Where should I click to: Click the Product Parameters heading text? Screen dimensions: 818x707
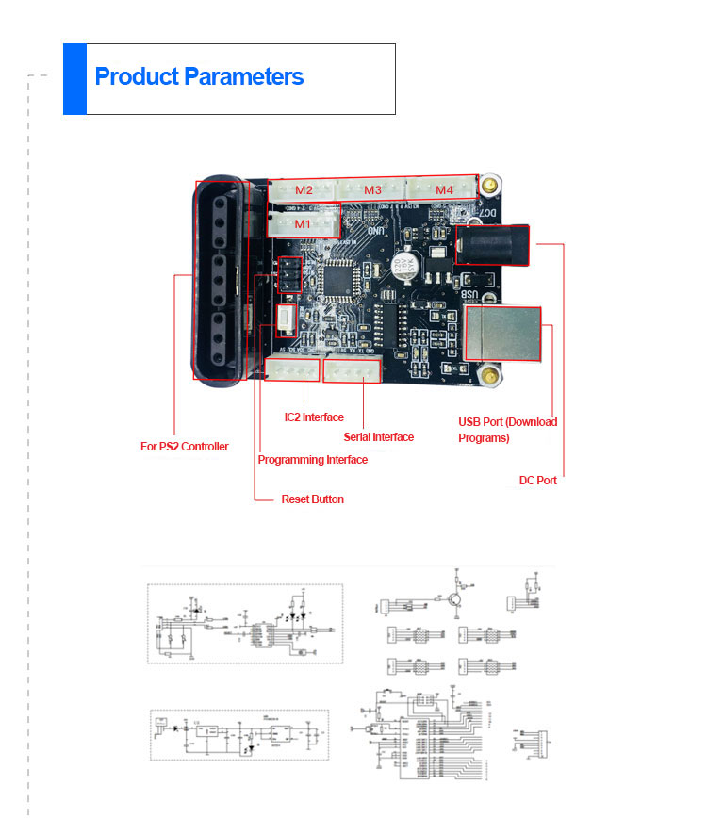click(199, 77)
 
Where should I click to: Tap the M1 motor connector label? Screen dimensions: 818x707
click(302, 224)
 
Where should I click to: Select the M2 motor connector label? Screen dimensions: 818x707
click(304, 190)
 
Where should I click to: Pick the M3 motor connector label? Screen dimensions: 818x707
click(372, 190)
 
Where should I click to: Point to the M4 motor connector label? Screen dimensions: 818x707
click(444, 190)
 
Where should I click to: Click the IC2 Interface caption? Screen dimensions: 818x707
click(314, 417)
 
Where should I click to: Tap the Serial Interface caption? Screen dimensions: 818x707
click(379, 437)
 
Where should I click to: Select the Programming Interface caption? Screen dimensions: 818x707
click(312, 460)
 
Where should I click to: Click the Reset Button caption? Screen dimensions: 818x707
click(312, 499)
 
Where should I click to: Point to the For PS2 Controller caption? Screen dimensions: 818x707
click(185, 447)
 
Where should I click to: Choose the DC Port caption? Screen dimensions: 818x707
click(537, 481)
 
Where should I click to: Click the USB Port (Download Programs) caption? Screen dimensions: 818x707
click(507, 430)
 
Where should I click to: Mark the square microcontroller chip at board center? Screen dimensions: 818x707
click(337, 279)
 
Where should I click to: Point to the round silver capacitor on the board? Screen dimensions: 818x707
click(404, 266)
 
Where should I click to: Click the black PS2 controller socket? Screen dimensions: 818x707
click(219, 279)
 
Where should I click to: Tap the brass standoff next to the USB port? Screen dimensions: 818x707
click(488, 378)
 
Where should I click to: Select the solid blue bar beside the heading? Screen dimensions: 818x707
click(74, 79)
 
